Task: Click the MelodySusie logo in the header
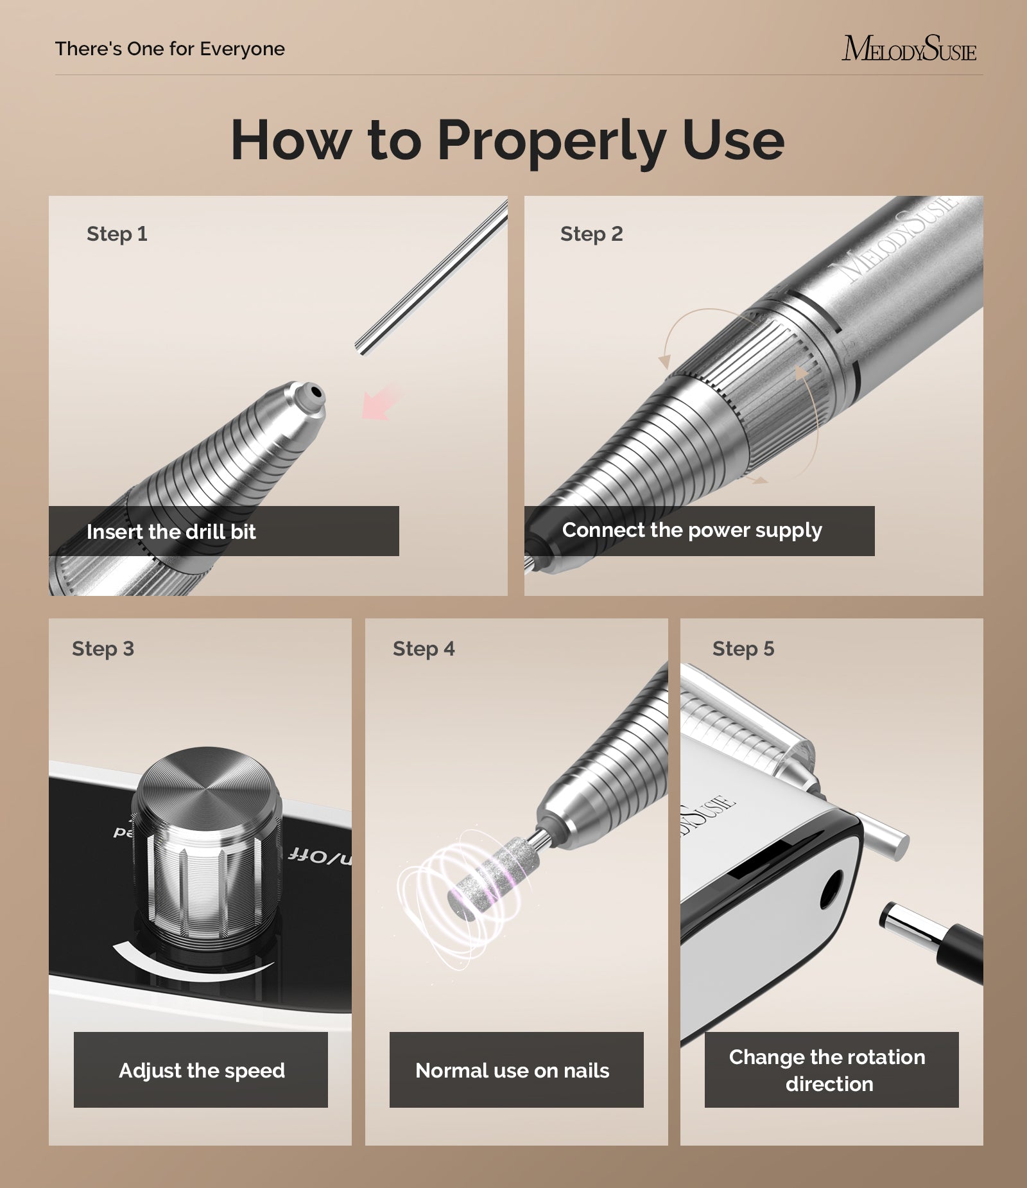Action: (908, 49)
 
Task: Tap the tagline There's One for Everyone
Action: (169, 49)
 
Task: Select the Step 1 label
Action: (117, 234)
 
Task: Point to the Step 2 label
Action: (591, 234)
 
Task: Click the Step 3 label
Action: (103, 649)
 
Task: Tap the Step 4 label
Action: (423, 649)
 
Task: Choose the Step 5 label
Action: (743, 649)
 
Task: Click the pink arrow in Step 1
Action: (380, 404)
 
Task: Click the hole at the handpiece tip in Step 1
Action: (315, 391)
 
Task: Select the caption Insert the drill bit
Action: (171, 532)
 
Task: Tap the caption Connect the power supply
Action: (691, 530)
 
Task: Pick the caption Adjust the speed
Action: (201, 1070)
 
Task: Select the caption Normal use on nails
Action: (512, 1070)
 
